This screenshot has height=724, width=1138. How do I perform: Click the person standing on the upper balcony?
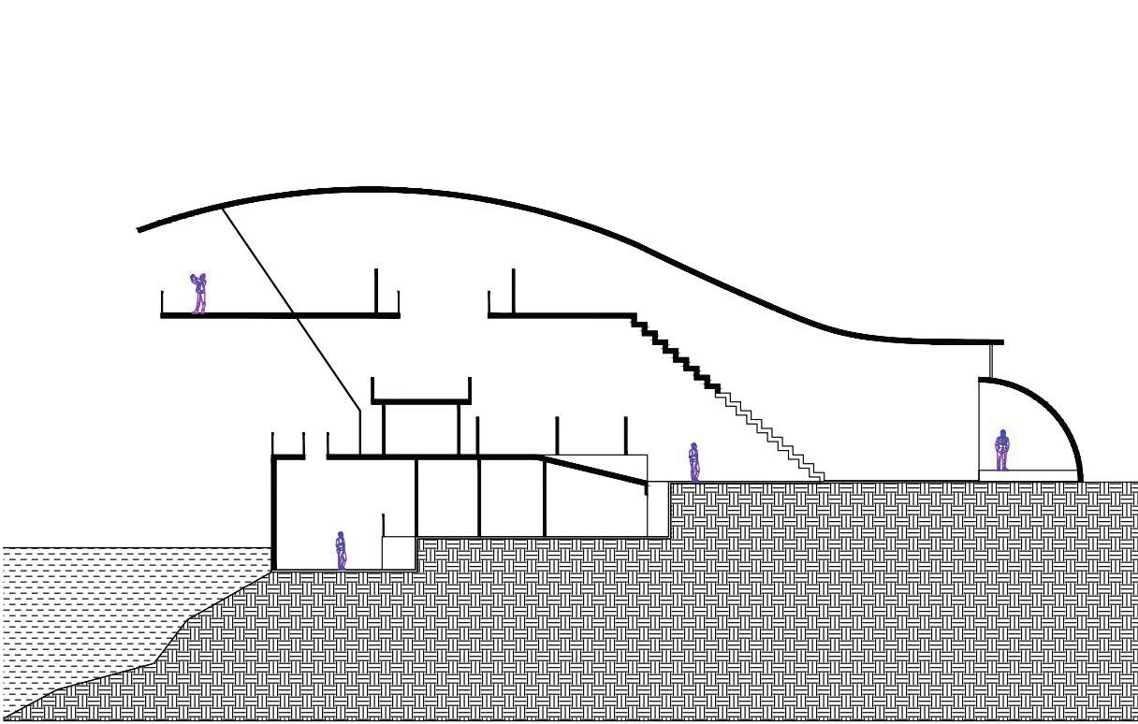198,293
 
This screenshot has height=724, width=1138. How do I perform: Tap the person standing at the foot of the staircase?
693,461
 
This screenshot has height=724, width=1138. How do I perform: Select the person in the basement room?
342,550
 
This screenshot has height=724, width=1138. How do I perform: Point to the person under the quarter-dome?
1001,449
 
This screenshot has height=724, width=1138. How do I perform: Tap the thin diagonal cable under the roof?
290,309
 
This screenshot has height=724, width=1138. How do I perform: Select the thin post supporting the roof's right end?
991,360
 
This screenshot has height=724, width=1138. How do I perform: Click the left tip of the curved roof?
141,228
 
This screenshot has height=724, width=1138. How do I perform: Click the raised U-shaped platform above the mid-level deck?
421,401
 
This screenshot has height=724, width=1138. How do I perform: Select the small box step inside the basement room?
398,552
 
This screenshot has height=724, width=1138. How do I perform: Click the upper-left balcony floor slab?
280,315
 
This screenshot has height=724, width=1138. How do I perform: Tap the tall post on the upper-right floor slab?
514,291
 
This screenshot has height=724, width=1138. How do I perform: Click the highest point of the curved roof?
370,190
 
